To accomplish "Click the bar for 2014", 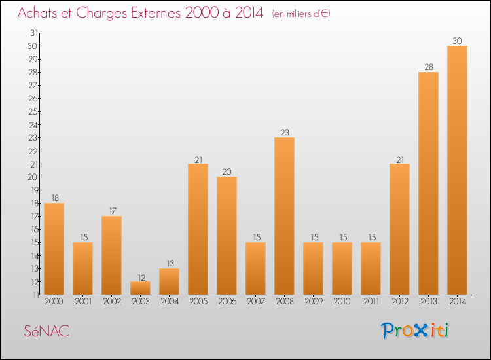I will tap(457, 170).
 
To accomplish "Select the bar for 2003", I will tap(140, 288).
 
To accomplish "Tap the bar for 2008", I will tap(284, 216).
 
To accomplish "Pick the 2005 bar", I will tap(198, 229).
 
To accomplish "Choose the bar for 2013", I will tap(428, 183).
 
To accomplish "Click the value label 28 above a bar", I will tap(428, 67).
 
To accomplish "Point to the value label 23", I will tap(284, 132).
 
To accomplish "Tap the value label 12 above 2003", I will tap(140, 276).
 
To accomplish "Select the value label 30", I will tap(457, 41).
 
